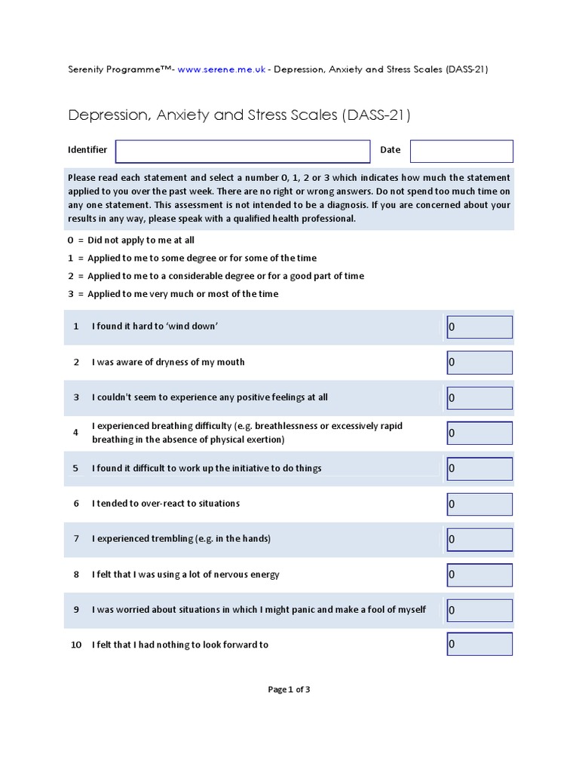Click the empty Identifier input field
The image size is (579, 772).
(x=242, y=151)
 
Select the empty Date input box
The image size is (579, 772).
(x=461, y=151)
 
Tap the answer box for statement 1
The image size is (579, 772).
(x=479, y=327)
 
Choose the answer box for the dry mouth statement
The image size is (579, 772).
(x=479, y=363)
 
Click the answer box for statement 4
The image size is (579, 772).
(x=479, y=433)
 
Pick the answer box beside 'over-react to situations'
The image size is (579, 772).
(x=479, y=504)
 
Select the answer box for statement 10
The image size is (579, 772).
(x=479, y=645)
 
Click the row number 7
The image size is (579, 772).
(x=76, y=539)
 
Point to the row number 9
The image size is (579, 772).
(x=76, y=609)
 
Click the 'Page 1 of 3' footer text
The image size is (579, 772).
(x=289, y=689)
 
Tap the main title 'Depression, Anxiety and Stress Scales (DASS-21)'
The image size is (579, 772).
(x=239, y=115)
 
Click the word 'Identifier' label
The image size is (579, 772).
(x=87, y=150)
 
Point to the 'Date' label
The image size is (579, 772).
(x=390, y=150)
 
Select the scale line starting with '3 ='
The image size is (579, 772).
(x=173, y=294)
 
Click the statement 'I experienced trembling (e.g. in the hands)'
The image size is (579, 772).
(x=181, y=539)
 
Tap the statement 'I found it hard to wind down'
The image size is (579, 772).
(x=155, y=327)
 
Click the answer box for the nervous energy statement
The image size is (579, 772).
(x=479, y=574)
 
